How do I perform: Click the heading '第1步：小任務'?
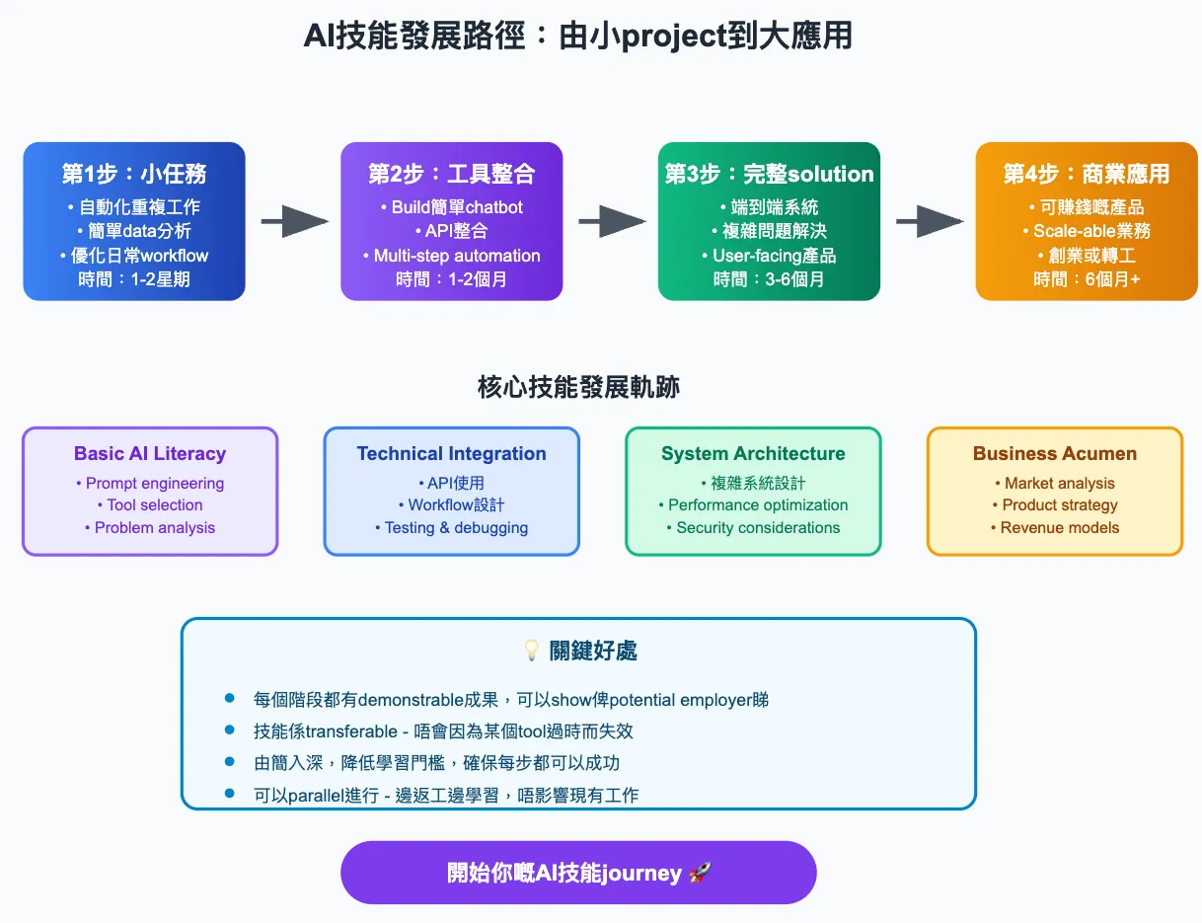[x=134, y=174]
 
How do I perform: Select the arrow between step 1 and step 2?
[x=294, y=222]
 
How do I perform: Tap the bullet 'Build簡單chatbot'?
[x=452, y=207]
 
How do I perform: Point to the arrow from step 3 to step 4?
[x=930, y=222]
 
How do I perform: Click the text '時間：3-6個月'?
[x=769, y=279]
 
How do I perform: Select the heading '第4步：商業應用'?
[x=1087, y=174]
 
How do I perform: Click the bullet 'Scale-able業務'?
[x=1087, y=231]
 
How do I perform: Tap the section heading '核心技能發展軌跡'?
[x=578, y=387]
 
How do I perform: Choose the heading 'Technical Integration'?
[x=451, y=454]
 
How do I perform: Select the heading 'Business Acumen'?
[x=1054, y=454]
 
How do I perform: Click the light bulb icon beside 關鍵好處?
[x=531, y=651]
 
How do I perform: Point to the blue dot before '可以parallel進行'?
[x=230, y=793]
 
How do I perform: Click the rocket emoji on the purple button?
[x=700, y=874]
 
